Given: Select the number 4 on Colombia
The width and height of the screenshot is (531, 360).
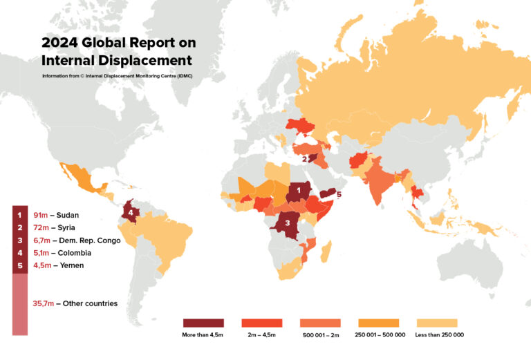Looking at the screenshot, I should pos(130,212).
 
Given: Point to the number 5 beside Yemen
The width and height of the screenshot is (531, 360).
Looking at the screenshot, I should pos(339,195).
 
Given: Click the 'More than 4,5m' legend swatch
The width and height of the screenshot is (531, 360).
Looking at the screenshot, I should pos(203,323).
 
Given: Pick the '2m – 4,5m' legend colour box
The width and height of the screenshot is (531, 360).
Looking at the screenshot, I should pos(262,323).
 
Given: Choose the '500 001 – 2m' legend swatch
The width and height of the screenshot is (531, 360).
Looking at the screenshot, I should pos(321,323).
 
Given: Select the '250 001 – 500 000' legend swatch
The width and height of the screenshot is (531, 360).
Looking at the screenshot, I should pos(379,323).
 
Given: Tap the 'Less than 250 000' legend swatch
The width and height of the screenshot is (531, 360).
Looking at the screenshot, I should pos(438,323).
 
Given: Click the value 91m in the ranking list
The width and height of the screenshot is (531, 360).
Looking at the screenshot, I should pos(41,215).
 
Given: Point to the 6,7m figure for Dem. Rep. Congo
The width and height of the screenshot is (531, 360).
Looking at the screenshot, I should pos(41,240).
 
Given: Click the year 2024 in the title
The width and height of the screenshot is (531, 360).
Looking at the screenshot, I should pos(59,42).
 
